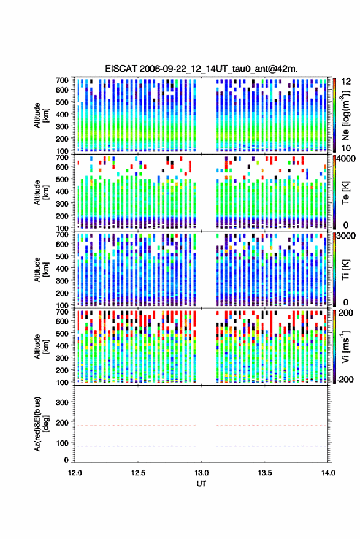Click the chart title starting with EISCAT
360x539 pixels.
coord(201,69)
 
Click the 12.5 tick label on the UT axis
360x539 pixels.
coord(138,473)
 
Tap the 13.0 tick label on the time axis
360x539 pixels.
coord(202,473)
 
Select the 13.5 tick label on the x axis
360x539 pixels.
coord(265,473)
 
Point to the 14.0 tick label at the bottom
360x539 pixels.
coord(328,473)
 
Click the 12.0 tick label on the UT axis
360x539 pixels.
coord(75,473)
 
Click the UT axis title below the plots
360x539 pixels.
coord(201,484)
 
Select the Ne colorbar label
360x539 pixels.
coord(345,115)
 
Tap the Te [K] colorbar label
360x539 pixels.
coord(345,193)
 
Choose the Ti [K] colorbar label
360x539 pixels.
coord(345,270)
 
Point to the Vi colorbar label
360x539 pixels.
coord(345,346)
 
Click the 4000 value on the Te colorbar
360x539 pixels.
coord(346,159)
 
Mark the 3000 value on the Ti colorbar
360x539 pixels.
coord(346,236)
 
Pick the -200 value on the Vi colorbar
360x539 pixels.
coord(343,380)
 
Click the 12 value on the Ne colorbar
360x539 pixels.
coord(346,82)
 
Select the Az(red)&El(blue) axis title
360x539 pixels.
coord(41,424)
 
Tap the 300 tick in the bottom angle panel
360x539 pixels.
coord(62,402)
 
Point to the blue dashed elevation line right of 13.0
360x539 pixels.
coord(272,446)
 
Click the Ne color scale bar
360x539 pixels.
coord(334,115)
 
